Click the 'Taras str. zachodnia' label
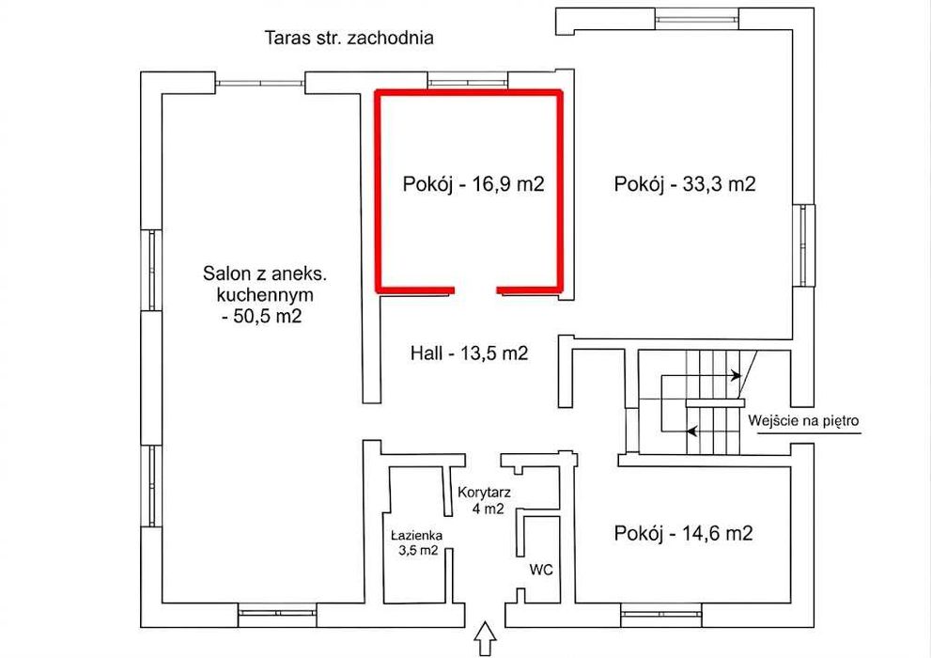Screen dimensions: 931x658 click(x=349, y=38)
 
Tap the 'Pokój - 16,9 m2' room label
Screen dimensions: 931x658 click(x=473, y=184)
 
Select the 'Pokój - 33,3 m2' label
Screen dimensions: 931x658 click(x=685, y=184)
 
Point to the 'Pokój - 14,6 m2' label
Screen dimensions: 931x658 click(x=683, y=533)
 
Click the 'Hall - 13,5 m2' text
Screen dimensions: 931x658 click(x=469, y=353)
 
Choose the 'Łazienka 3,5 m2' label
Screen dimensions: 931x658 click(x=417, y=542)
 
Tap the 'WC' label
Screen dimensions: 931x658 click(x=541, y=570)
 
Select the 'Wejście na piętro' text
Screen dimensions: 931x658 click(x=803, y=421)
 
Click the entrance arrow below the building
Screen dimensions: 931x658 click(x=487, y=639)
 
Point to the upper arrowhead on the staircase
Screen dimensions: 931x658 click(x=737, y=375)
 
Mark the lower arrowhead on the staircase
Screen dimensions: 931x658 click(x=691, y=431)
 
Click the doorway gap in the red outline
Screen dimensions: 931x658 click(x=475, y=290)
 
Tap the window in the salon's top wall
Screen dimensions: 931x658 click(x=260, y=83)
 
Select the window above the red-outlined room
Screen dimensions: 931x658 click(x=469, y=81)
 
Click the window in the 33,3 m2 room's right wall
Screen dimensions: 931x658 click(x=804, y=245)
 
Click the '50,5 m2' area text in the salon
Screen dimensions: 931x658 click(x=262, y=315)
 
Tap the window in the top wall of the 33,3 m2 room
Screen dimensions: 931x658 click(x=698, y=18)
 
